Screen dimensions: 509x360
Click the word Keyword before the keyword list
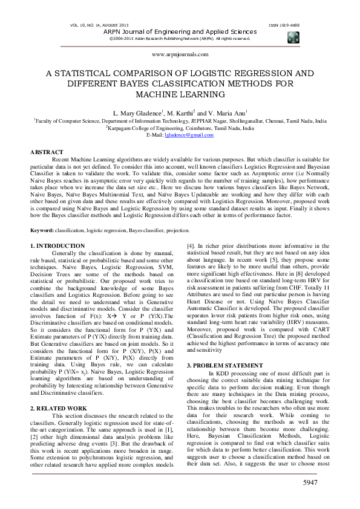click(42, 231)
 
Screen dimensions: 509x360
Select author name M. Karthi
click(177, 113)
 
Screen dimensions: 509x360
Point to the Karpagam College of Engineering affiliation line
click(180, 128)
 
